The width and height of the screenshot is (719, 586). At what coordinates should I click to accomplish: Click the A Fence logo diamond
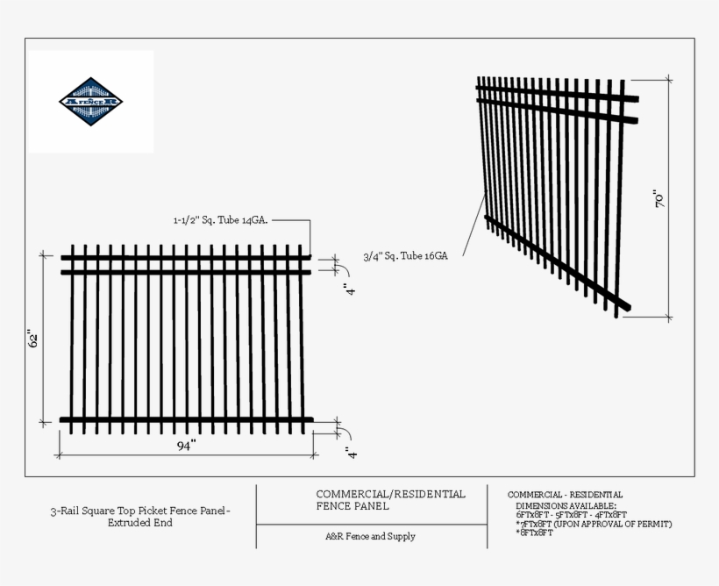click(x=91, y=102)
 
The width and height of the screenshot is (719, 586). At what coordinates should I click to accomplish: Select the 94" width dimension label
click(x=186, y=446)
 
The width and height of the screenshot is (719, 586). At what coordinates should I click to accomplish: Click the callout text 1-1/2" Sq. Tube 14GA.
click(x=220, y=221)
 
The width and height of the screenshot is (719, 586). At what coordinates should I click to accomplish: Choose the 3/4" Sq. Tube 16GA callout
click(x=406, y=256)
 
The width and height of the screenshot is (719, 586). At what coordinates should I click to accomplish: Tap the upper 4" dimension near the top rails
click(x=350, y=290)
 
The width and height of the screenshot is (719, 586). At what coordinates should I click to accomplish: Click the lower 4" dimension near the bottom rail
click(x=350, y=453)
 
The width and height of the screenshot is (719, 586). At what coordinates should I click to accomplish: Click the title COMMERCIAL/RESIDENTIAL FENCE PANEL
click(x=389, y=500)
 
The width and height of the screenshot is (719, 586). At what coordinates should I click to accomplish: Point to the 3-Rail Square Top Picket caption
click(x=140, y=511)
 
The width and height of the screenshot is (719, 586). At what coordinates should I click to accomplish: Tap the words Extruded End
click(x=140, y=523)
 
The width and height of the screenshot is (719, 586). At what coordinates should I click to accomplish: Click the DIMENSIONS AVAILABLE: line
click(x=566, y=506)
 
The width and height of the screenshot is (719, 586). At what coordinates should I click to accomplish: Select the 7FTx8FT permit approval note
click(x=594, y=524)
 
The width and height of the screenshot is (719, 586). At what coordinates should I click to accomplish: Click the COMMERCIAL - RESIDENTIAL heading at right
click(x=565, y=496)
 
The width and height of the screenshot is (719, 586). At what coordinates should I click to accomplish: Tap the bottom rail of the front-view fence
click(x=186, y=420)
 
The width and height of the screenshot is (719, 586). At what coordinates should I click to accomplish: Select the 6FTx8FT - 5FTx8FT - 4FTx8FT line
click(x=572, y=515)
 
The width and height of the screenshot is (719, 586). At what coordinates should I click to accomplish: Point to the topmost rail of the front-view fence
click(x=186, y=257)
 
